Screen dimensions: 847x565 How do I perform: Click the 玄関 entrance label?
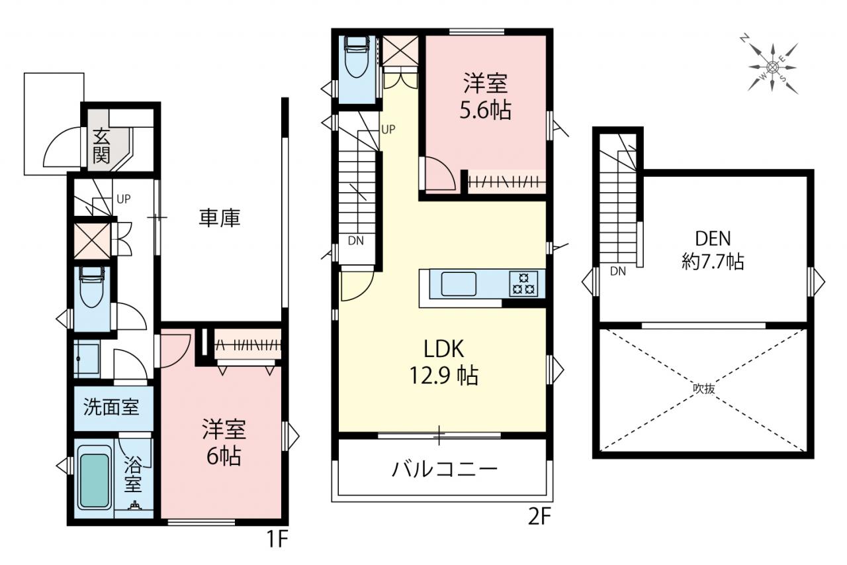tap(101, 146)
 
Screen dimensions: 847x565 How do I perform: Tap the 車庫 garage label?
tap(220, 218)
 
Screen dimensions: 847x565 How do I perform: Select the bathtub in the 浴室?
tap(95, 478)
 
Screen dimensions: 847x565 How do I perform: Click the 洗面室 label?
tap(112, 407)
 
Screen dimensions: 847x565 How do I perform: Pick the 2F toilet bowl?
tap(356, 57)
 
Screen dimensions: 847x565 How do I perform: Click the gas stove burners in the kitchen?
tap(523, 283)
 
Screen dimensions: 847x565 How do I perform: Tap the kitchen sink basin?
tap(459, 283)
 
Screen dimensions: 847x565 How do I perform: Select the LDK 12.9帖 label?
tap(444, 362)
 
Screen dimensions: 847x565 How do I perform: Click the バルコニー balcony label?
tap(445, 469)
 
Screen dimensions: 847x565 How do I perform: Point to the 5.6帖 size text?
tap(486, 110)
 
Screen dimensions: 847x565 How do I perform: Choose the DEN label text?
tap(713, 238)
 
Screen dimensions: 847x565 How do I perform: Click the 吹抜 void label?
tap(703, 388)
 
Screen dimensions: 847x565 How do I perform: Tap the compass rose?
tap(772, 68)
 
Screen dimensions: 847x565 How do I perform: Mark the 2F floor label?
tap(539, 516)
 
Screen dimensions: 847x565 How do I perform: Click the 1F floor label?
tap(278, 539)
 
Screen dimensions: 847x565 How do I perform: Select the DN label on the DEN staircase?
tap(618, 271)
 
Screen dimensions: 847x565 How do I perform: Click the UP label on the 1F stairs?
tap(124, 199)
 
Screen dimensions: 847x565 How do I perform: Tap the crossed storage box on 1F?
tap(92, 241)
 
